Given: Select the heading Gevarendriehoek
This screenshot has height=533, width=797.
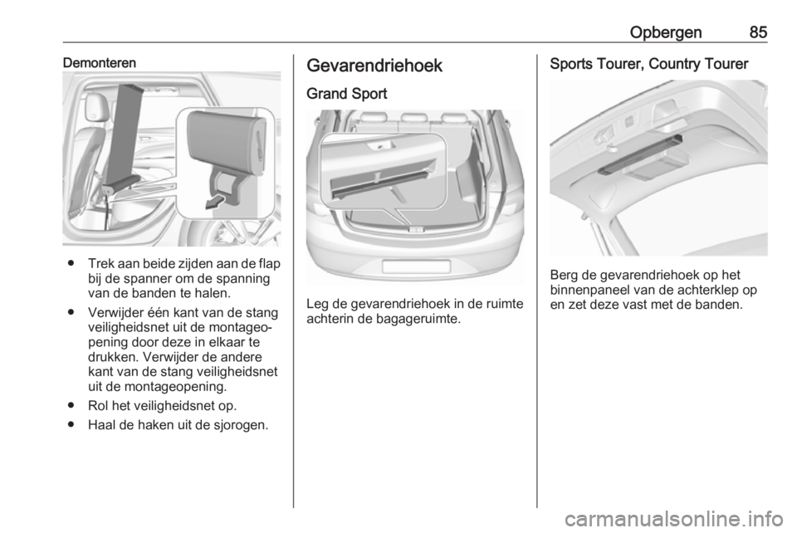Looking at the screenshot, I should pos(374,66).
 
